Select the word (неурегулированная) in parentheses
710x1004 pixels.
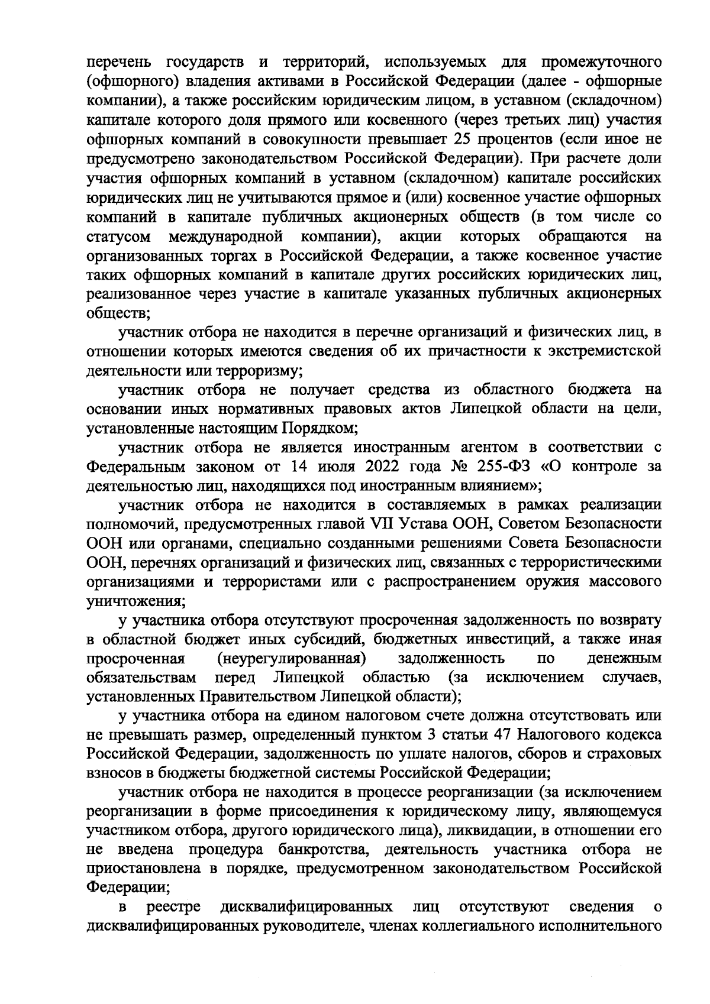pyautogui.click(x=290, y=659)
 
